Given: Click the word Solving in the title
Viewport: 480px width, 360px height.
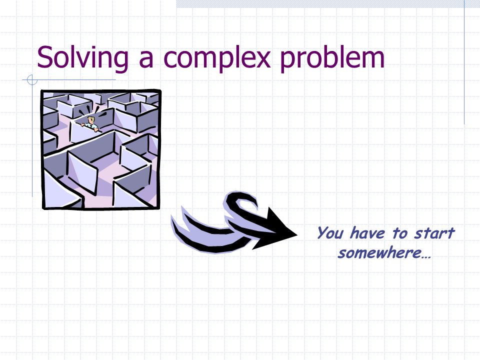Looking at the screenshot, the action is [x=82, y=58].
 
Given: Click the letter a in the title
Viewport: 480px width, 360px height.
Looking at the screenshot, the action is [x=146, y=60].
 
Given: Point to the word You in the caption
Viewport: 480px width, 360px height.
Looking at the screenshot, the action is [x=329, y=232].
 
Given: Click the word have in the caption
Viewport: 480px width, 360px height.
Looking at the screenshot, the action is [x=367, y=233].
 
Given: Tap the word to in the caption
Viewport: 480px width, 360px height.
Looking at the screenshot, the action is [x=400, y=233].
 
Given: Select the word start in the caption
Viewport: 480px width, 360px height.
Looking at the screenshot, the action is [x=434, y=233].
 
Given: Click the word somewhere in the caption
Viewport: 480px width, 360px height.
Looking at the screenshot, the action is [x=379, y=253].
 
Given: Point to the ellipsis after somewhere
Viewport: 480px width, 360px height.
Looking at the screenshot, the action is [x=426, y=257].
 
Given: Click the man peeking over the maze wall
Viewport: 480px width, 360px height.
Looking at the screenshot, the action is [x=90, y=123].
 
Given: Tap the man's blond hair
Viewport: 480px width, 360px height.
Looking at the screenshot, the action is [x=91, y=118].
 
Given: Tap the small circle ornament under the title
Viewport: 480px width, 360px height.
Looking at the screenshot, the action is [x=32, y=80].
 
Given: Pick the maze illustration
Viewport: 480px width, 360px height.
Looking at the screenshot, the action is [x=100, y=149].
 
